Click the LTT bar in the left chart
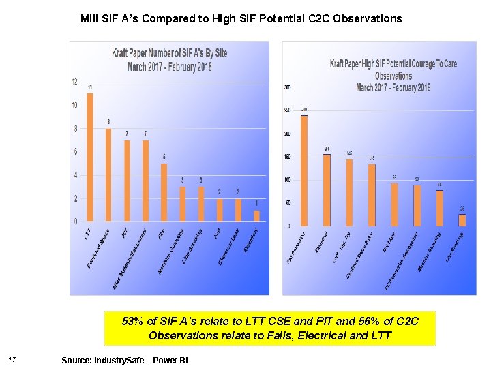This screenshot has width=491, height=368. [x=90, y=157]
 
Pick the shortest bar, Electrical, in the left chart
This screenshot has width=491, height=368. [x=256, y=216]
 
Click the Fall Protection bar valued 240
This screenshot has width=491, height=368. [x=304, y=170]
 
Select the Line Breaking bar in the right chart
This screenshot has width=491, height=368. [x=462, y=220]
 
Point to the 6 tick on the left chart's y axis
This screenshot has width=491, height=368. [x=75, y=152]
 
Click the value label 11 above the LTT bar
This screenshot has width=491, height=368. [x=90, y=87]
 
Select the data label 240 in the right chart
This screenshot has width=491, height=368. [x=304, y=110]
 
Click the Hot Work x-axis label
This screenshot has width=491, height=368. [x=389, y=243]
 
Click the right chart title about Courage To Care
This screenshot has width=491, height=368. [x=393, y=76]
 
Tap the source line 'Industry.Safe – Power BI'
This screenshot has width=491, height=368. [x=124, y=359]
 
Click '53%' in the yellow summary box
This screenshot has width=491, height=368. [x=132, y=321]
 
